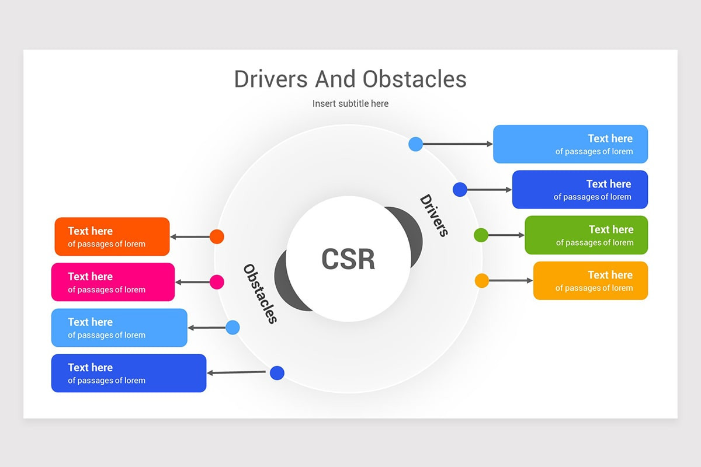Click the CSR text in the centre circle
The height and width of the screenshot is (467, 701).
[x=348, y=259]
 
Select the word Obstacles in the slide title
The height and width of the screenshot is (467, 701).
[x=414, y=79]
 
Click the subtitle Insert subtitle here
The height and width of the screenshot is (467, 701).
[x=350, y=103]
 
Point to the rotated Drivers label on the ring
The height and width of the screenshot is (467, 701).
[x=434, y=215]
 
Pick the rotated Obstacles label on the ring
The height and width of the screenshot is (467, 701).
[x=260, y=294]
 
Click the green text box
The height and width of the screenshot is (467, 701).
[x=586, y=235]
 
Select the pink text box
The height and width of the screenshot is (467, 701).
[x=113, y=282]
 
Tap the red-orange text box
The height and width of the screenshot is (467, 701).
[x=112, y=236]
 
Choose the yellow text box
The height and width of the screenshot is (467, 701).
[x=590, y=281]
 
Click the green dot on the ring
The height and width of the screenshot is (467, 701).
[x=481, y=235]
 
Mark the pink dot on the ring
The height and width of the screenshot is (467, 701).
[x=217, y=282]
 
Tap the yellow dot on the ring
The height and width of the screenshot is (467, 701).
[x=482, y=281]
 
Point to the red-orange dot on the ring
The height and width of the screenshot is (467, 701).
[x=217, y=236]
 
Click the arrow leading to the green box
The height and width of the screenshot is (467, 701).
[x=506, y=235]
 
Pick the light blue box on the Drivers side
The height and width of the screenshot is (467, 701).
[x=570, y=144]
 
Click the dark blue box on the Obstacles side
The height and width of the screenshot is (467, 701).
[x=129, y=373]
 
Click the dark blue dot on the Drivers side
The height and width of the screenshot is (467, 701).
[x=460, y=190]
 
